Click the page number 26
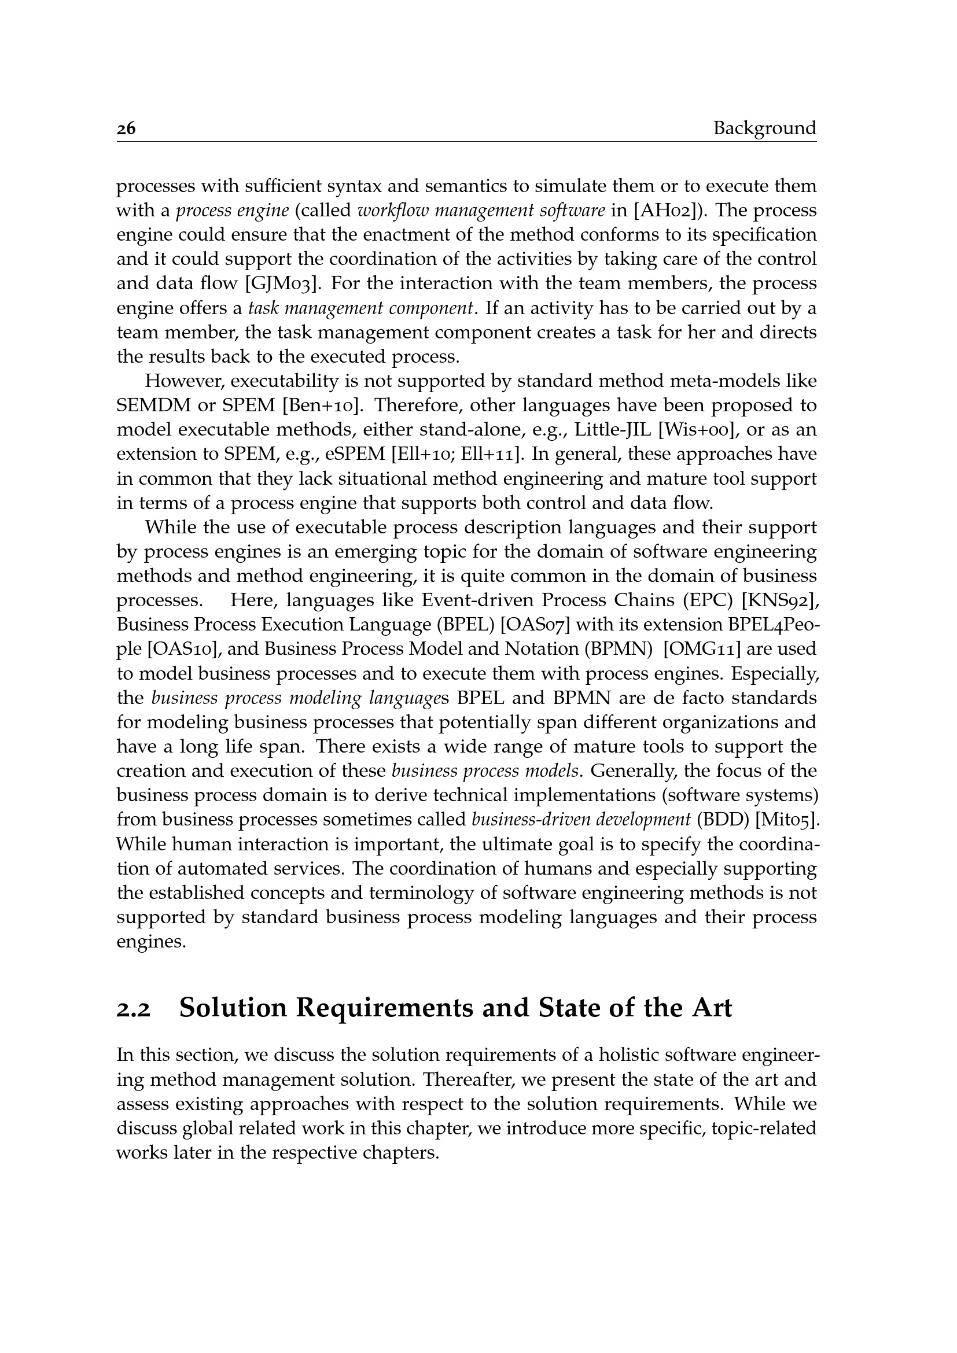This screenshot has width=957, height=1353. [x=126, y=128]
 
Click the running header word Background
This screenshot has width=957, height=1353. [x=764, y=128]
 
